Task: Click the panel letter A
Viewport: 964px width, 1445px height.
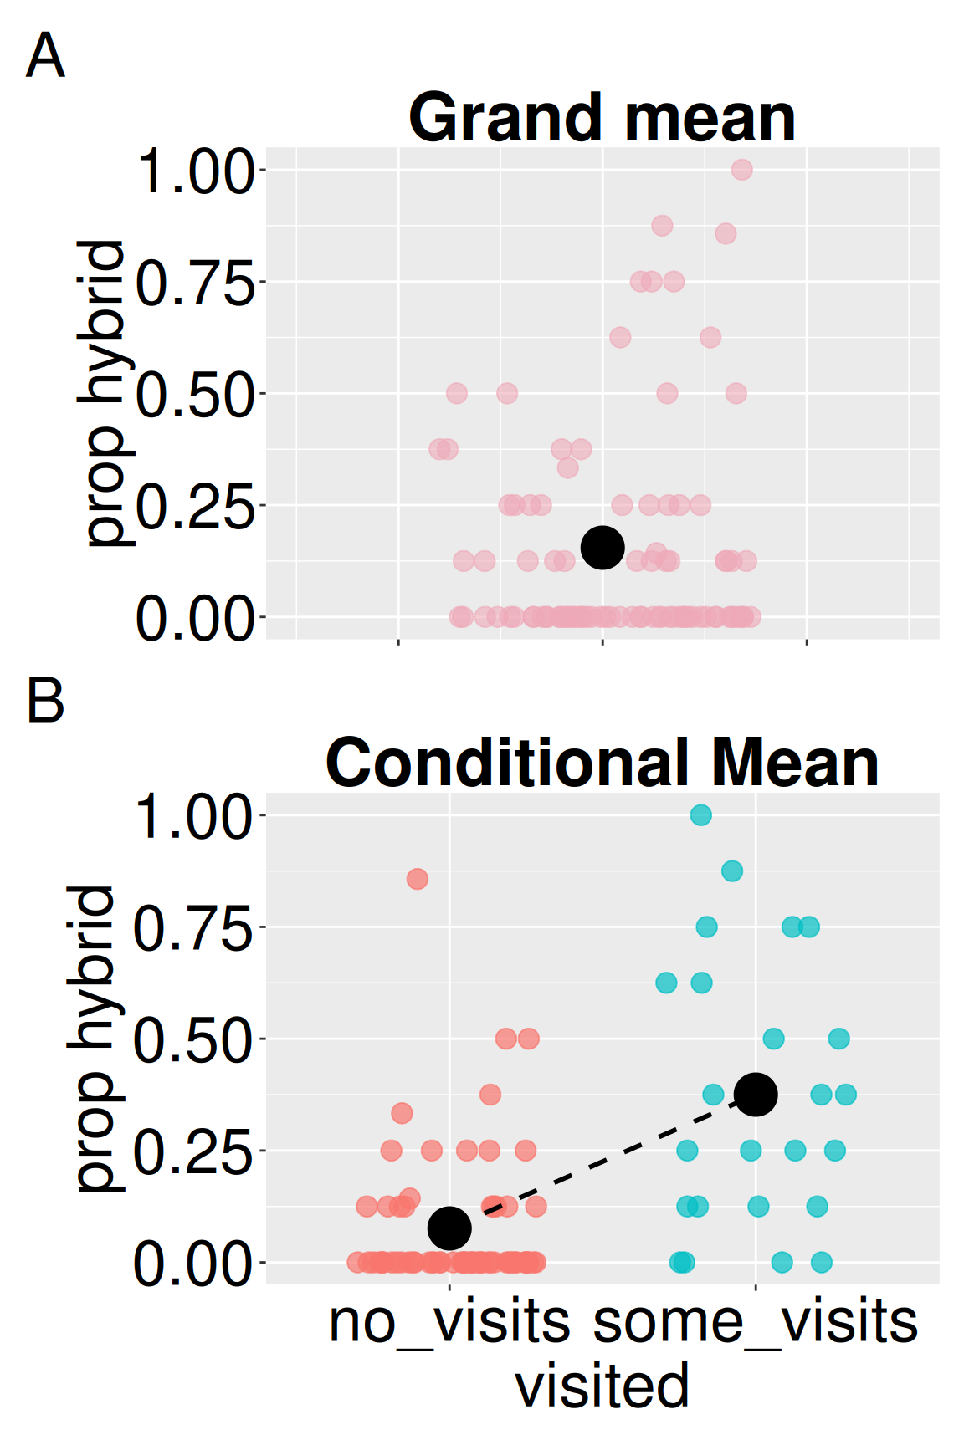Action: coord(45,56)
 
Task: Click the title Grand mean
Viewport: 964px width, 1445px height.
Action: coord(602,118)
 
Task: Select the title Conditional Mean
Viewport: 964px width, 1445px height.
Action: coord(602,763)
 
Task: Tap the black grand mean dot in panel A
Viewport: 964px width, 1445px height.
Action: coord(602,548)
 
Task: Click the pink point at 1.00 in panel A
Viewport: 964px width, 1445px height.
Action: coord(741,170)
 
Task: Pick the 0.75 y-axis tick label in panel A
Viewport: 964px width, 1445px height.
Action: coord(195,283)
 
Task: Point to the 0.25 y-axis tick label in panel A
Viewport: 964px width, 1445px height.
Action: coord(195,507)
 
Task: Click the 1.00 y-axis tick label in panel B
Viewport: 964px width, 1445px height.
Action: coord(193,817)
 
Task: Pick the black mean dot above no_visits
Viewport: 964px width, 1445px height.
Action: coord(449,1228)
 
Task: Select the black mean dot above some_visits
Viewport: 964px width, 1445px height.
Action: coord(756,1095)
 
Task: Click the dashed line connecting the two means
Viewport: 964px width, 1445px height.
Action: coord(602,1162)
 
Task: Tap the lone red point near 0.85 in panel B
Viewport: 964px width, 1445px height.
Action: coord(418,879)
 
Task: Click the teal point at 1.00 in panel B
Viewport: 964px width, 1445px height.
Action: coord(701,814)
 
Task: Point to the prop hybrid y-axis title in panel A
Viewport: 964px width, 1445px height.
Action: coord(103,393)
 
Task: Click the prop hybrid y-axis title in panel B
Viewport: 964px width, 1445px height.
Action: coord(94,1038)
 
